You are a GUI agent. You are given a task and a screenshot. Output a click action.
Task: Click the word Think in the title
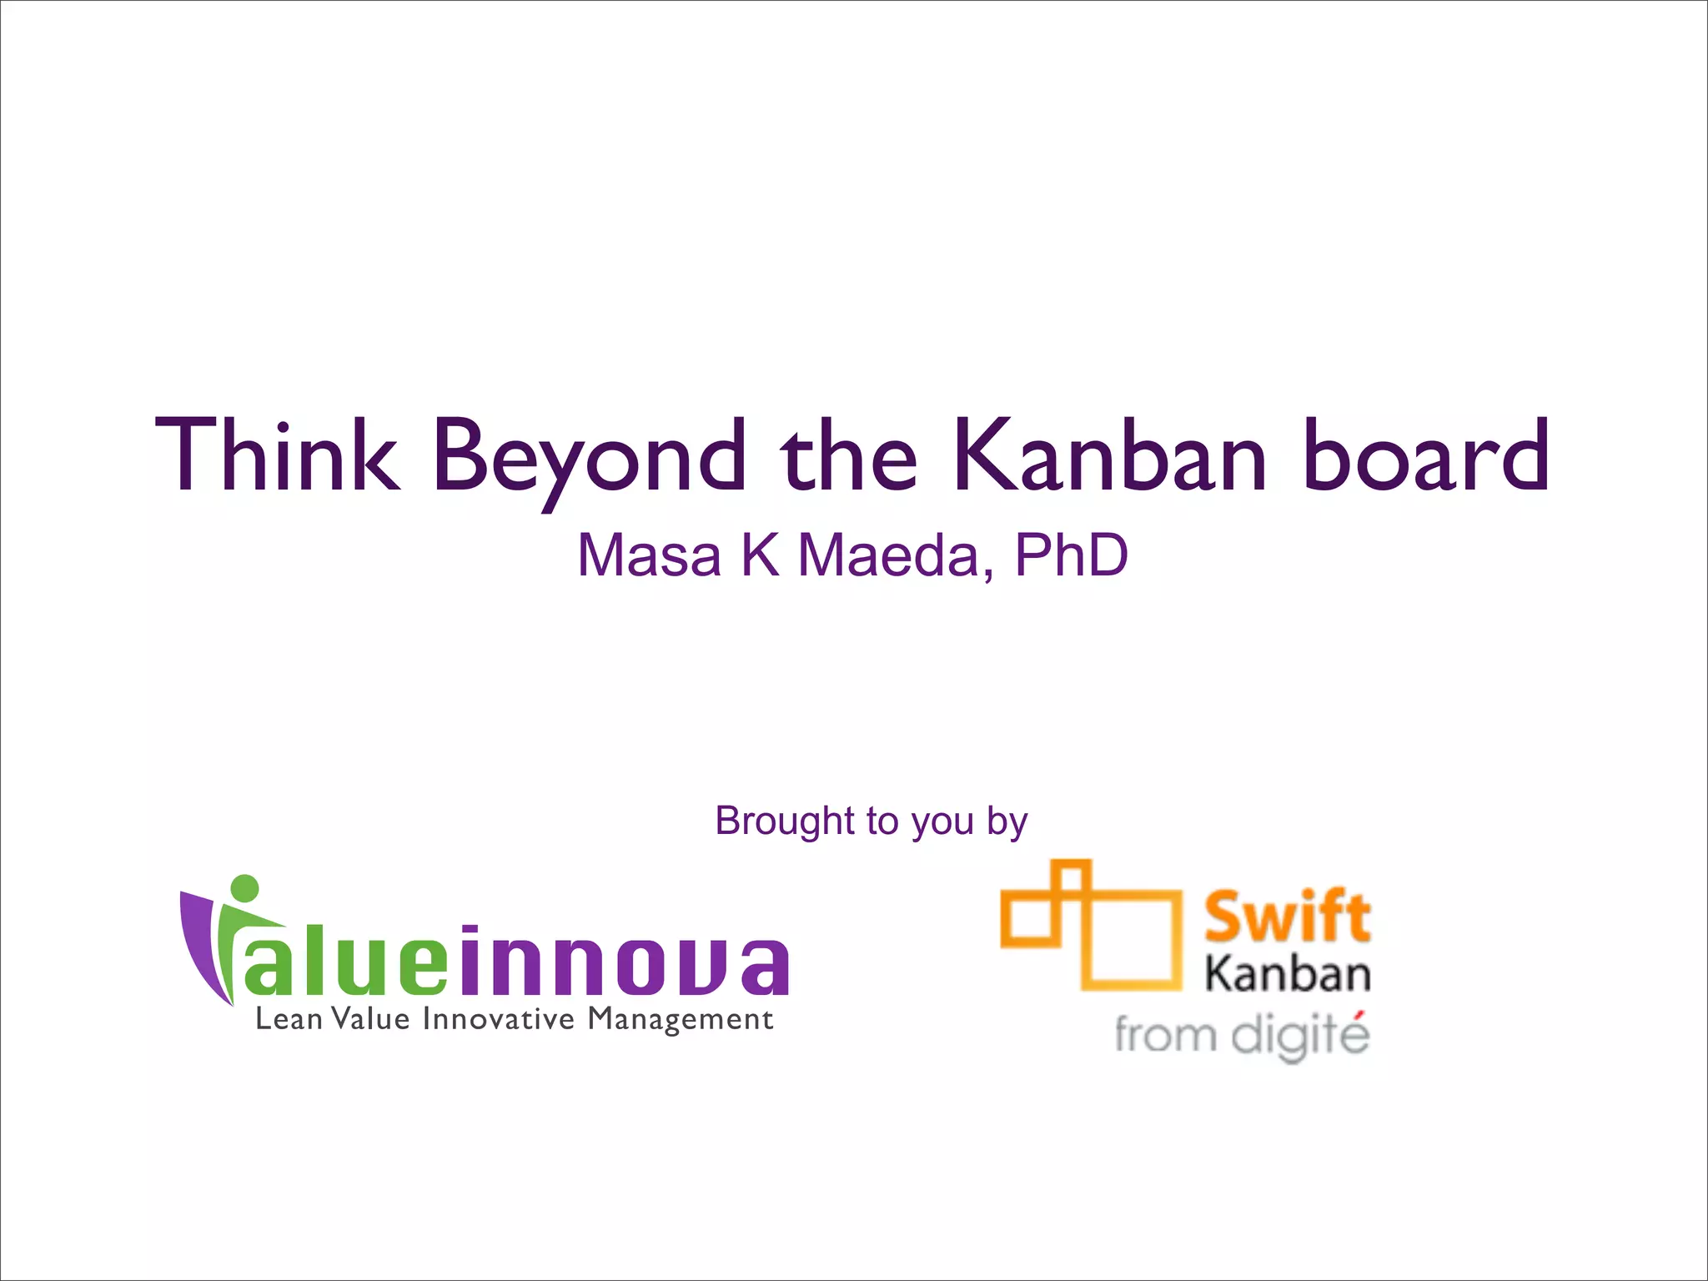[x=278, y=455]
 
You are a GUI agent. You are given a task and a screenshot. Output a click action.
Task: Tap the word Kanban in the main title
[x=1110, y=455]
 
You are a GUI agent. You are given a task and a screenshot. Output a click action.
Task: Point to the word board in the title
[x=1427, y=455]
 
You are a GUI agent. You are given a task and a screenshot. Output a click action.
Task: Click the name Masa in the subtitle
[x=650, y=555]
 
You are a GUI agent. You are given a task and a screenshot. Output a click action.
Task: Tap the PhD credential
[x=1071, y=555]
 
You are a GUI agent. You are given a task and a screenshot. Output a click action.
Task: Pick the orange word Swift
[x=1287, y=916]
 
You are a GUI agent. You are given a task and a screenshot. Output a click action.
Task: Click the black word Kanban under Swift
[x=1287, y=974]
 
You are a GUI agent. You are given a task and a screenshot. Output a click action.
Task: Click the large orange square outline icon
[x=1133, y=941]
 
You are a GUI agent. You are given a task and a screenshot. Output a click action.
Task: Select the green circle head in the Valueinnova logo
[x=244, y=888]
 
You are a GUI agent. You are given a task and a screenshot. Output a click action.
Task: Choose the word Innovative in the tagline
[x=499, y=1019]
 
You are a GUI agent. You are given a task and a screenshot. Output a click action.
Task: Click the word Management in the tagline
[x=681, y=1019]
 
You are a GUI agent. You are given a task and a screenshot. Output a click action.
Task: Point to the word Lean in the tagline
[x=289, y=1019]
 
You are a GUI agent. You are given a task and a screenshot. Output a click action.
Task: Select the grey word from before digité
[x=1165, y=1037]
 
